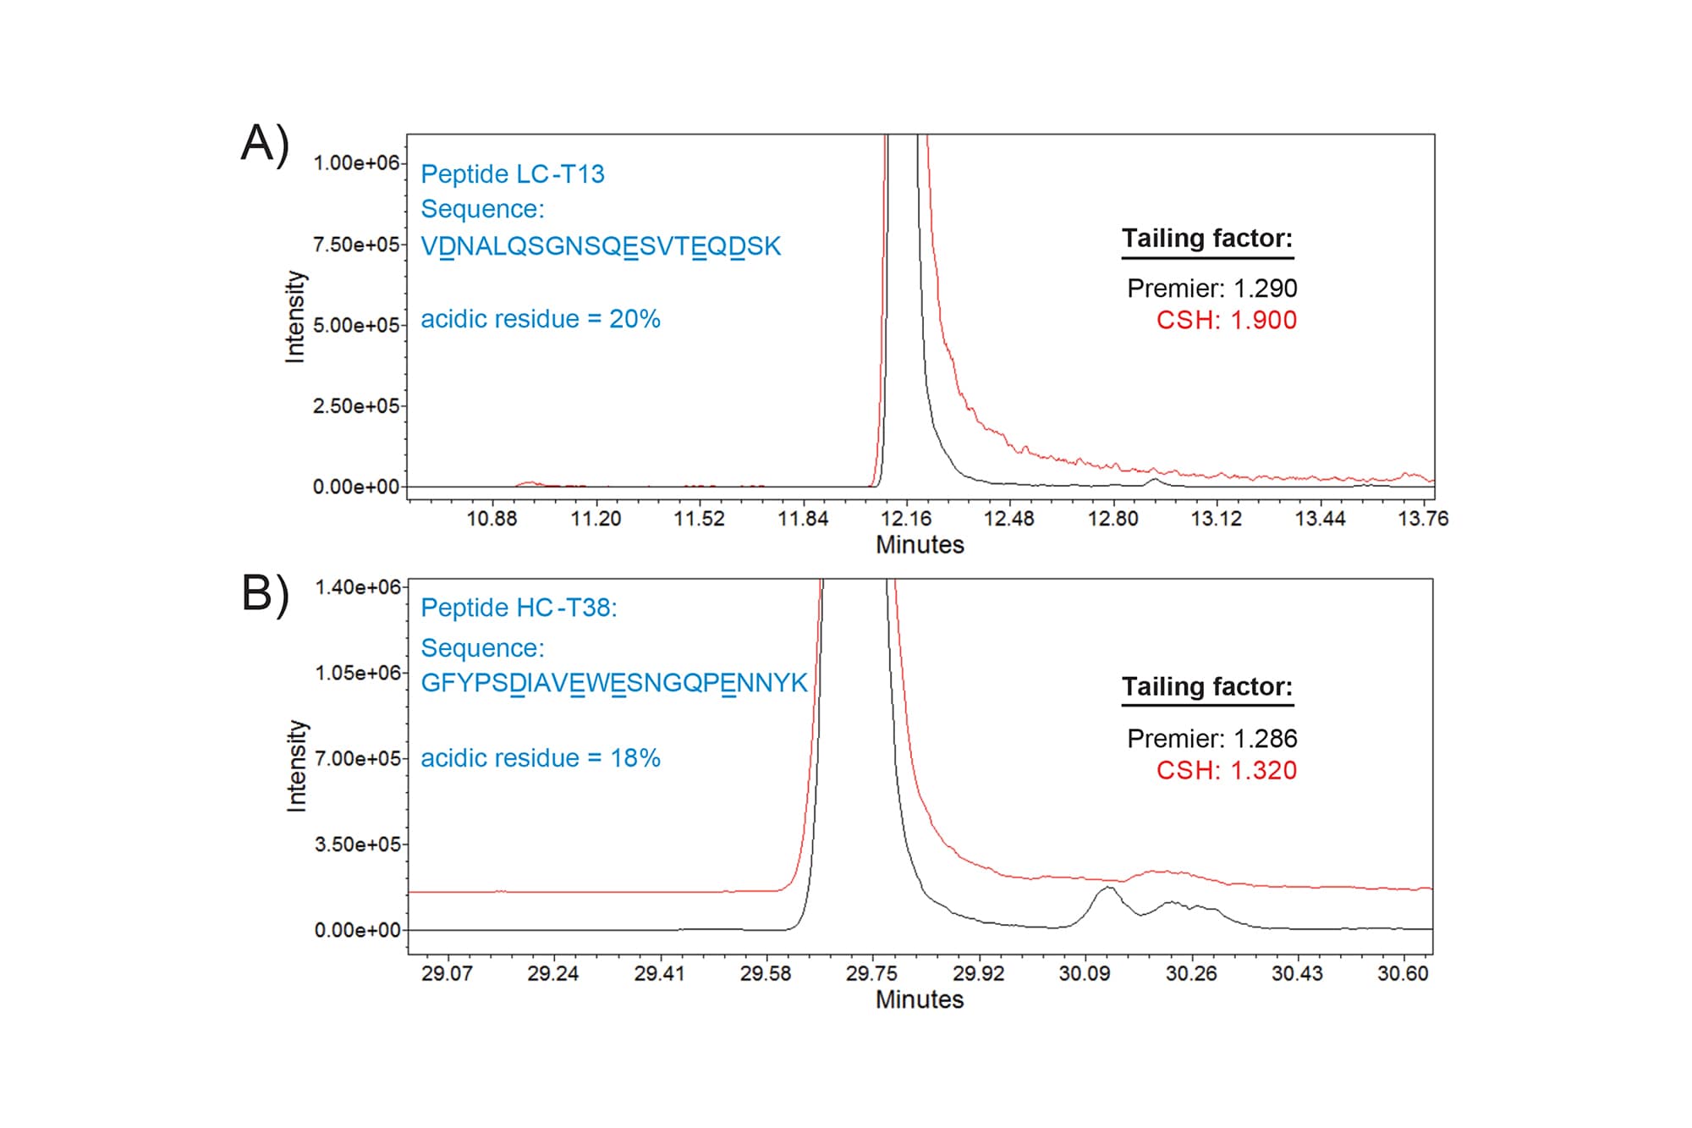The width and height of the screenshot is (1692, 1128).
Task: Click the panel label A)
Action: (x=265, y=144)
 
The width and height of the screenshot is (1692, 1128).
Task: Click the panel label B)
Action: (x=265, y=593)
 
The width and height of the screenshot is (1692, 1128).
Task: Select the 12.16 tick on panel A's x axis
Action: (x=905, y=519)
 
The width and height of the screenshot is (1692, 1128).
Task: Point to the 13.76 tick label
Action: (x=1423, y=519)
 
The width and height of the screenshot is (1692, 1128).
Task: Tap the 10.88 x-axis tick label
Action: (x=492, y=519)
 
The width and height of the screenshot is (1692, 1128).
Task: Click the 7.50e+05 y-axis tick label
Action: (x=356, y=245)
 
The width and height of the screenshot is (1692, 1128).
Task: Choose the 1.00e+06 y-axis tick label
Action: (x=356, y=162)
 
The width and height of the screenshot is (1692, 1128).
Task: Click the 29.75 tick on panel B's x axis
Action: (x=871, y=973)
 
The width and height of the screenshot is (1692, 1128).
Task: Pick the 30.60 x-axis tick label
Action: (x=1403, y=973)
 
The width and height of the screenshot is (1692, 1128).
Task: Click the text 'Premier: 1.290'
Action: (x=1211, y=289)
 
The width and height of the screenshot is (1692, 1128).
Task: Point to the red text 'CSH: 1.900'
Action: (x=1226, y=321)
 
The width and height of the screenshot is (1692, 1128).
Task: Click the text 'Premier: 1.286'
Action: (x=1211, y=739)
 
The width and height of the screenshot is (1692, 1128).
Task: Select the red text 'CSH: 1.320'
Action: (x=1226, y=771)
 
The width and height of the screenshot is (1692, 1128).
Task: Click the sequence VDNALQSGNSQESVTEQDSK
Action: (x=601, y=246)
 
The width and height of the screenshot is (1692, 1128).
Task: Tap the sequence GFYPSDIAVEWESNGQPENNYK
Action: (x=614, y=683)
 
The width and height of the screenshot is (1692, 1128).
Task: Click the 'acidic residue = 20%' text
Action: (x=541, y=319)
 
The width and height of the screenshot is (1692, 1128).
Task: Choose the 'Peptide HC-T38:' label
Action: (x=519, y=608)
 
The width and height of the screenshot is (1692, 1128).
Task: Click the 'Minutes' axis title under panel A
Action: (x=920, y=545)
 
